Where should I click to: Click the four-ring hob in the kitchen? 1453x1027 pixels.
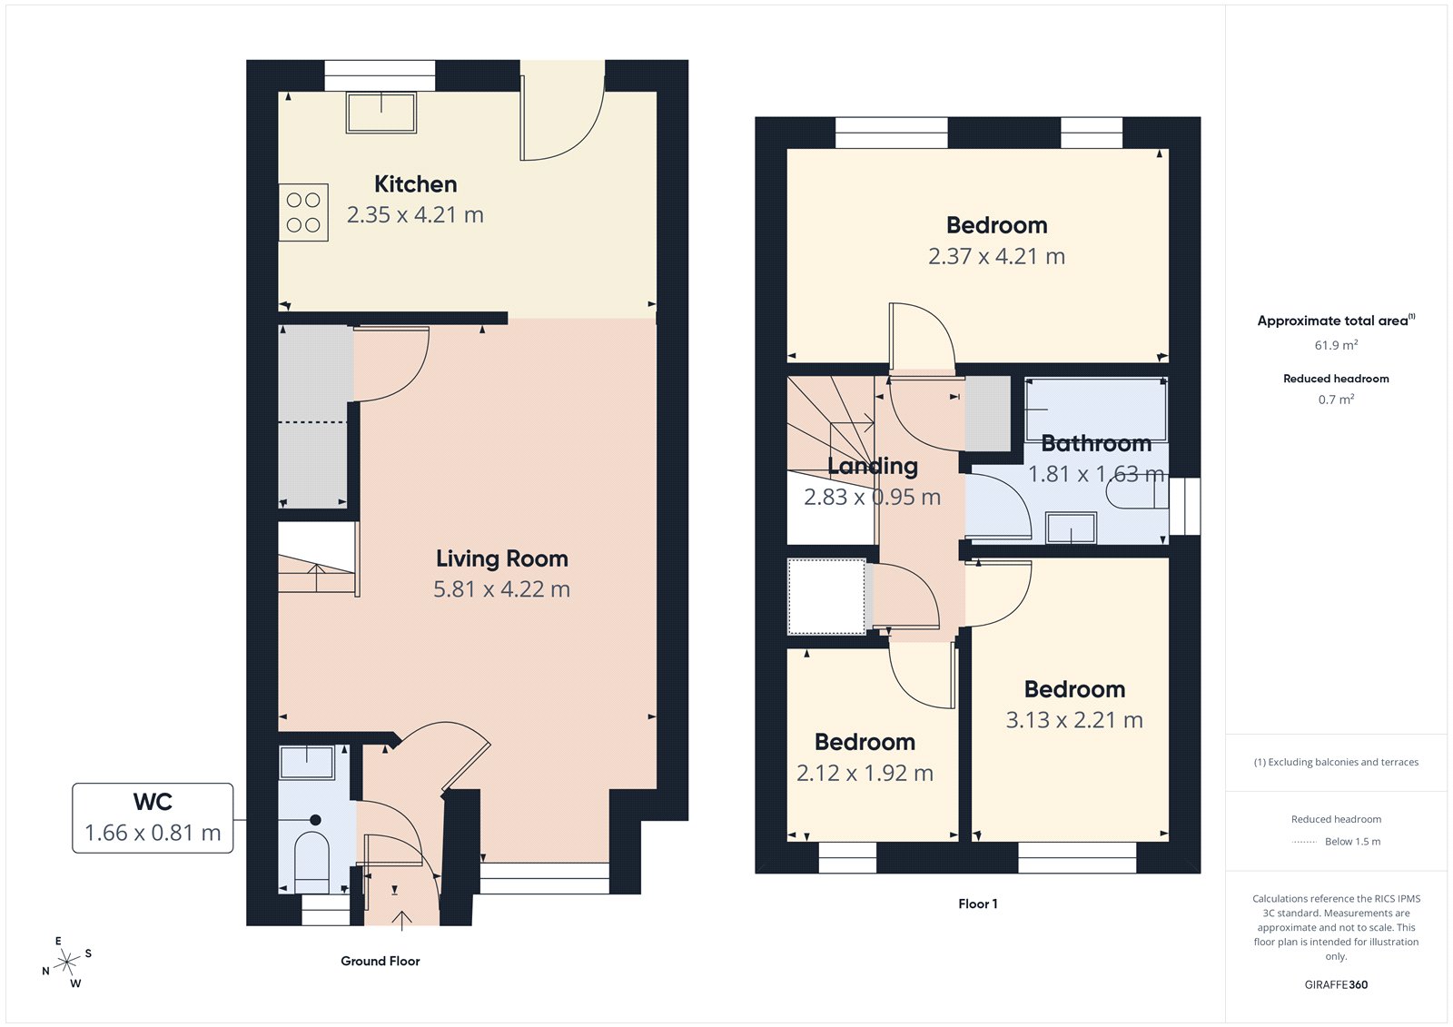click(x=303, y=212)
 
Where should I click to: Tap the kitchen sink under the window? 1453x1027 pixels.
click(x=381, y=113)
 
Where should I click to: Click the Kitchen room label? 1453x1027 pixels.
click(x=415, y=184)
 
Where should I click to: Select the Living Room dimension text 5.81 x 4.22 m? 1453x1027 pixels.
click(x=501, y=589)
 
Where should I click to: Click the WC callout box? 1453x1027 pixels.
click(x=153, y=817)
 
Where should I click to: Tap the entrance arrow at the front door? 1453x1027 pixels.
click(x=401, y=920)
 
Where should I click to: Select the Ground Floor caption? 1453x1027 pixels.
click(x=380, y=961)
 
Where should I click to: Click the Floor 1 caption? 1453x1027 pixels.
click(x=977, y=904)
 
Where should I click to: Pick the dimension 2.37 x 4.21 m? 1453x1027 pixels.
click(x=996, y=257)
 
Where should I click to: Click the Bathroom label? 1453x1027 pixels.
click(x=1096, y=444)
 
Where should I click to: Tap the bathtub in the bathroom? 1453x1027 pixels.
click(x=1096, y=409)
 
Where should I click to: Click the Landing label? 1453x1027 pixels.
click(x=873, y=467)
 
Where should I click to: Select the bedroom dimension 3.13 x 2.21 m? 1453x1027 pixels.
click(x=1074, y=720)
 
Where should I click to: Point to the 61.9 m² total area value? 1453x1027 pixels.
click(x=1336, y=345)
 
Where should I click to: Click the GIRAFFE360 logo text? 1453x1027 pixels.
click(x=1336, y=984)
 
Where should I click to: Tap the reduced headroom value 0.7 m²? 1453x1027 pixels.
click(x=1336, y=400)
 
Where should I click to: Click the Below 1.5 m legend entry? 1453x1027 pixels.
click(x=1351, y=842)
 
